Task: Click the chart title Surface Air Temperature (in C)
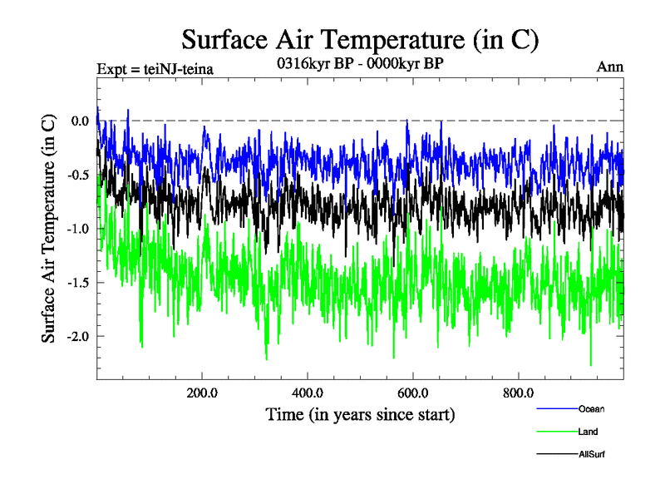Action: coord(361,39)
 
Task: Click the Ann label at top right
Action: coord(610,67)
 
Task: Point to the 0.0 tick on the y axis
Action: coord(80,121)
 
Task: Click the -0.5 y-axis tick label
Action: coord(78,175)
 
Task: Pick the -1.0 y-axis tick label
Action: coord(78,229)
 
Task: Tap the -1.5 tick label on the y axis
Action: coord(78,283)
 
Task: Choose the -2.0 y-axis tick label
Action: coord(78,336)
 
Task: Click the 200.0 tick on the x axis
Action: coord(202,393)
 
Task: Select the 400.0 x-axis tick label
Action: coord(308,393)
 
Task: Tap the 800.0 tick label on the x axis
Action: coord(518,393)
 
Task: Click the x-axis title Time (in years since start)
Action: coord(360,413)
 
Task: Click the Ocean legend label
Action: coord(591,408)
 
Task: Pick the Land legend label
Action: coord(588,432)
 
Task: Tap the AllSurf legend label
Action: coord(591,454)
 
